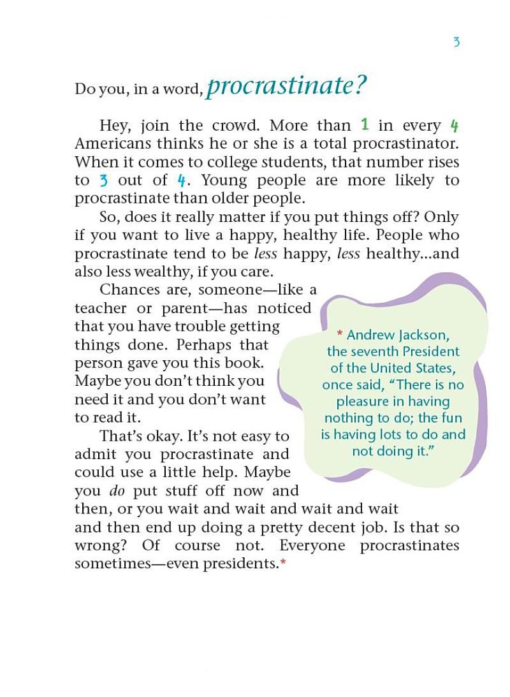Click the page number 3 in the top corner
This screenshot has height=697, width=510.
click(456, 43)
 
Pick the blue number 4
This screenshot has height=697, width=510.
click(181, 180)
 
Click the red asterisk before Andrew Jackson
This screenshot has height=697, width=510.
click(340, 334)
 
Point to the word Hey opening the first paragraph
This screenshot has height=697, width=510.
click(112, 124)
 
